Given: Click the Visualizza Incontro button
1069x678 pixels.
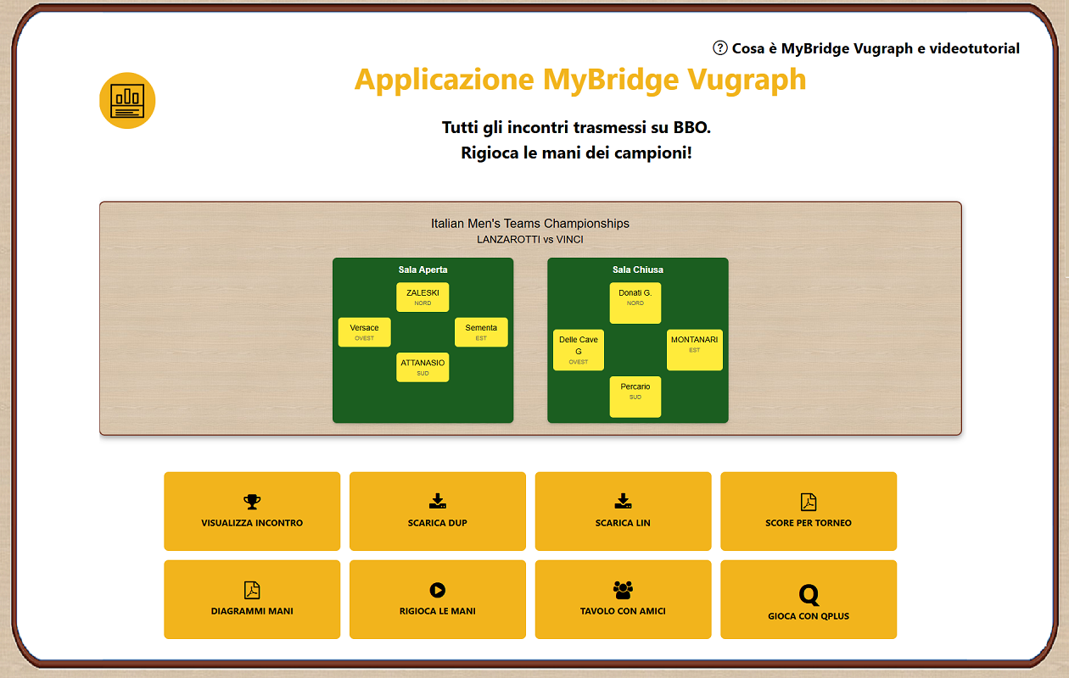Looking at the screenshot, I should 252,511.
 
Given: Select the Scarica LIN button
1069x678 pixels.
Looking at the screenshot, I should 623,511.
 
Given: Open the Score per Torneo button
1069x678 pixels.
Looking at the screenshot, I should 808,511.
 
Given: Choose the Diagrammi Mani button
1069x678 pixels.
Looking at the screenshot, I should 252,599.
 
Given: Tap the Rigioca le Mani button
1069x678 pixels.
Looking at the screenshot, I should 437,599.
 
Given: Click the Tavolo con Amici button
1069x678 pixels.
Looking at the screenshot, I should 623,599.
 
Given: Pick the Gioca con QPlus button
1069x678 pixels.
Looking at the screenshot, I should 808,599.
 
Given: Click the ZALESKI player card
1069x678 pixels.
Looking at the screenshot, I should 423,297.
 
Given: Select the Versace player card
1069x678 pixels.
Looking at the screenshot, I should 364,332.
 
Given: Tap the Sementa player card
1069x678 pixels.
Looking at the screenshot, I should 481,332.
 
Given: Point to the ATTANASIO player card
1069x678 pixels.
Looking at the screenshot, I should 423,367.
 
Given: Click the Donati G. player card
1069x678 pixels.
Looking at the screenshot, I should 635,303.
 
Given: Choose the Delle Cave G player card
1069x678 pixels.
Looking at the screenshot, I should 578,350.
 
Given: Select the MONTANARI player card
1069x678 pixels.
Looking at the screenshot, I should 694,350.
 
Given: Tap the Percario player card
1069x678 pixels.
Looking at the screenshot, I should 635,397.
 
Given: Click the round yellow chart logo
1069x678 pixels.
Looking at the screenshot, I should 127,100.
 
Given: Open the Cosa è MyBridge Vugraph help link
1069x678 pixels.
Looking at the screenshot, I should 867,48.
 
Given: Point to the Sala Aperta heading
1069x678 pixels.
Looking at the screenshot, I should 423,270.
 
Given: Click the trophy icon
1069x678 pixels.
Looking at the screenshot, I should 252,501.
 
